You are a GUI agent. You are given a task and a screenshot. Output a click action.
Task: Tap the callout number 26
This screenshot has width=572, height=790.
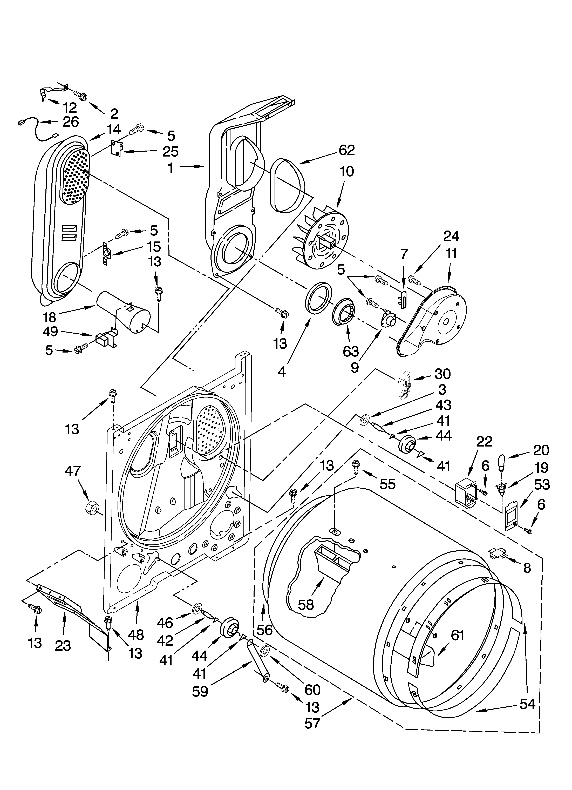pos(71,122)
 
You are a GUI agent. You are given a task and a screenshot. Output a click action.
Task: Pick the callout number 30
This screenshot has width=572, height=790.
pos(442,374)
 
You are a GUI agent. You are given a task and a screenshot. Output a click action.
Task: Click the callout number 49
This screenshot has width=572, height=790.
pos(51,331)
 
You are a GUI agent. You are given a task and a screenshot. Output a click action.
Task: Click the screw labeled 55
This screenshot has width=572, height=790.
pos(356,466)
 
